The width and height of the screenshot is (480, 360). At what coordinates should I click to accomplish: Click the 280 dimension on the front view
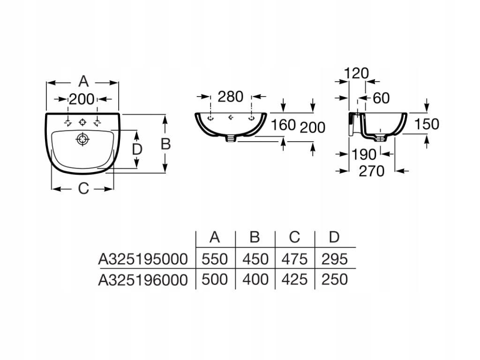click(230, 97)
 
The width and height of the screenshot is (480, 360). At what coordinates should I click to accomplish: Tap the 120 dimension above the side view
click(356, 74)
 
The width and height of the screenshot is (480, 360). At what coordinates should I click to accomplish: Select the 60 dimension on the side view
click(381, 98)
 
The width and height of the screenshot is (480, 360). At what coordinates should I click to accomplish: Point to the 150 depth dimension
click(427, 124)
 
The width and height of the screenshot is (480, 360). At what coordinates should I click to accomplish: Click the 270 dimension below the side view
click(371, 171)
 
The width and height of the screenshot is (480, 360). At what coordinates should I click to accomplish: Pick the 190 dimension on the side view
click(363, 155)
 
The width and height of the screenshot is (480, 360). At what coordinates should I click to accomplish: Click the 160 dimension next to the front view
click(283, 125)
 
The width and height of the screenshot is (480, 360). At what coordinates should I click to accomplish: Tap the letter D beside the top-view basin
click(137, 150)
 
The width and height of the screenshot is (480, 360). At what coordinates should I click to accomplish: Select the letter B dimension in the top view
click(165, 144)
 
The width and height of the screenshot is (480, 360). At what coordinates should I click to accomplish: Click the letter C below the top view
click(83, 188)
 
